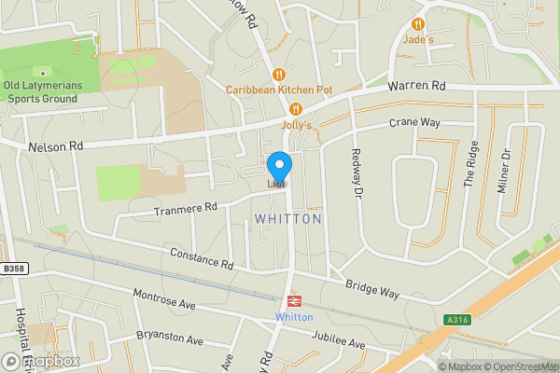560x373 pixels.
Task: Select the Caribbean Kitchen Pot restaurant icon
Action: (x=278, y=74)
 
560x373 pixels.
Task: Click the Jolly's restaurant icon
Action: (x=297, y=108)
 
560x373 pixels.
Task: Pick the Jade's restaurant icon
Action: (x=418, y=24)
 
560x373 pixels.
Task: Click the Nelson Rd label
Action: (x=56, y=146)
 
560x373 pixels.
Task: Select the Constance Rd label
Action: (x=201, y=258)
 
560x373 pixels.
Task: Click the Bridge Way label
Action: (x=371, y=288)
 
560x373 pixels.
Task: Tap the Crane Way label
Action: (x=414, y=123)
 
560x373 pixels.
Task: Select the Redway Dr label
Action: (x=356, y=174)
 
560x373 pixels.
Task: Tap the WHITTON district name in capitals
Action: (x=287, y=218)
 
